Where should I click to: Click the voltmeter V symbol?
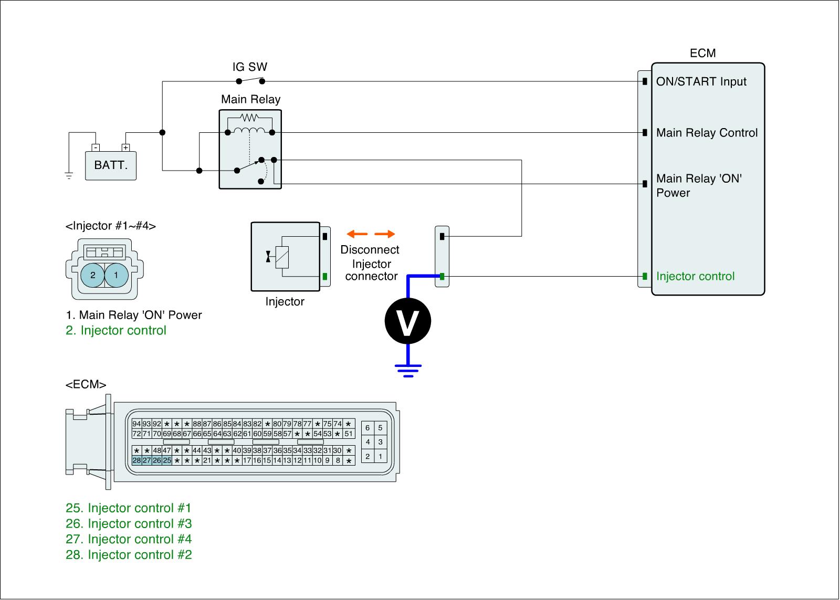click(x=408, y=321)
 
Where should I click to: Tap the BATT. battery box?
click(x=111, y=165)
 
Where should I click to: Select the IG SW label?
click(x=250, y=67)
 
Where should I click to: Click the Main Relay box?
click(x=250, y=149)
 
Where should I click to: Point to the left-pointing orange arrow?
click(x=357, y=234)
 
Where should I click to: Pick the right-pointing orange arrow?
click(x=385, y=234)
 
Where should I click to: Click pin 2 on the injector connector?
click(x=93, y=275)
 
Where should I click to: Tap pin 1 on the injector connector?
click(x=116, y=275)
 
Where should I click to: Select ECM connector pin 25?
click(x=167, y=460)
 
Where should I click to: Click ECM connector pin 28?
click(x=136, y=460)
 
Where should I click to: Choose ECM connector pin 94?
click(x=136, y=424)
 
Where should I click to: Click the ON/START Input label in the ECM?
click(x=701, y=82)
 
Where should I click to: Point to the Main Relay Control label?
click(x=707, y=133)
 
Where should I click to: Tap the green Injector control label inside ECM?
click(x=695, y=277)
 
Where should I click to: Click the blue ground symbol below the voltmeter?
click(x=408, y=370)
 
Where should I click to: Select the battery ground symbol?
click(x=69, y=175)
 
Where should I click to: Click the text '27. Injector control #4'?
click(x=129, y=539)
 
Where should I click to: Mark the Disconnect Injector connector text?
click(x=370, y=263)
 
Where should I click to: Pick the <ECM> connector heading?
click(x=86, y=385)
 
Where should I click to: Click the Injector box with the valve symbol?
click(x=285, y=256)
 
